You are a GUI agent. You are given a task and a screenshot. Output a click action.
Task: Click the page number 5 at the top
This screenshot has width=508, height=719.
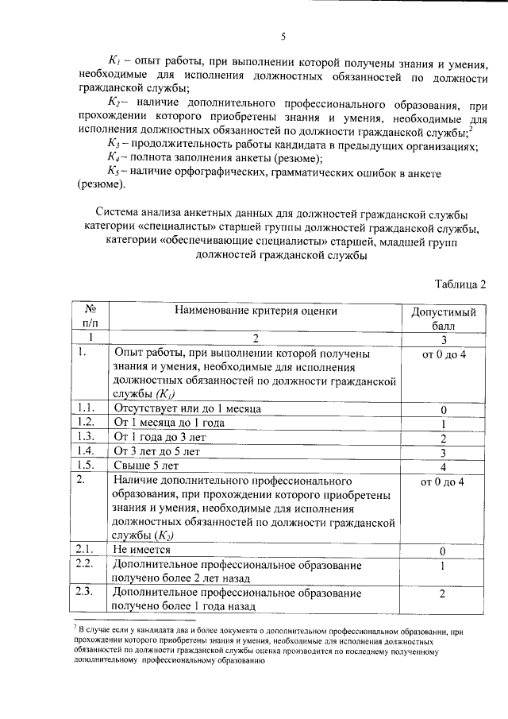coord(283,35)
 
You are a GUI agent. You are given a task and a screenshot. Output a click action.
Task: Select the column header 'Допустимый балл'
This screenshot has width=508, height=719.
coord(444,318)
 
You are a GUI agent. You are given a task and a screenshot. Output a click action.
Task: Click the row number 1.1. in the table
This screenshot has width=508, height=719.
coord(86,408)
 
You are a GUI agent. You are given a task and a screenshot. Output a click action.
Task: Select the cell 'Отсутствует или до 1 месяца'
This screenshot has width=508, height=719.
coord(181,408)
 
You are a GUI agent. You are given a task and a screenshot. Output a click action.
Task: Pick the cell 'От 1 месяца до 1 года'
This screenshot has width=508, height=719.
coord(169,423)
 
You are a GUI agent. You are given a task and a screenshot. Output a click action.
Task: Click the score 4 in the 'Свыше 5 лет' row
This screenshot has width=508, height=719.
coord(444,466)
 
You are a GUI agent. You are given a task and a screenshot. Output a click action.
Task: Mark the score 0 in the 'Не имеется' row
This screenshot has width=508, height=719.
coord(444,550)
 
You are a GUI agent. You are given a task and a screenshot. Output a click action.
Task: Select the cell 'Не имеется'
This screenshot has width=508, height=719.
coord(141,549)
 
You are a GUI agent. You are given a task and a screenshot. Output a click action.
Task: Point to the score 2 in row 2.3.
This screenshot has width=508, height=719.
coord(444,593)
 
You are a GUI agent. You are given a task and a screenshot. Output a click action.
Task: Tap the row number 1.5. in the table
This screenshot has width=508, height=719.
coord(86,466)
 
